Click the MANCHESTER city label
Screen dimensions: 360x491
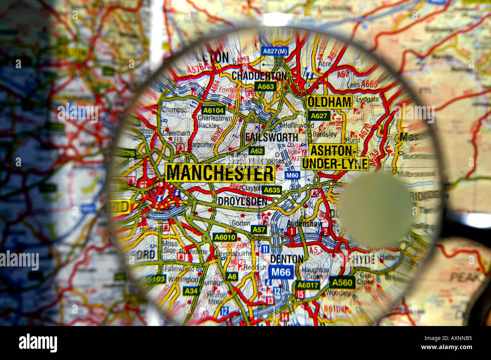click(220, 173)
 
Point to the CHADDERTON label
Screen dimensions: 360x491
click(259, 76)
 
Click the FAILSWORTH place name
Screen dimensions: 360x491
click(272, 137)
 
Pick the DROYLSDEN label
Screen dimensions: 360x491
click(242, 202)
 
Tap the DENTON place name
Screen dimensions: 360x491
click(287, 259)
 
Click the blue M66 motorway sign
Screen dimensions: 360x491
click(281, 272)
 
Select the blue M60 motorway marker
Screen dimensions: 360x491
click(292, 175)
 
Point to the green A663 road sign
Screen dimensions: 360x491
click(265, 86)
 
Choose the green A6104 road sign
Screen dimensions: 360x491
click(214, 110)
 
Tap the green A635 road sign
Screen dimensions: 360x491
click(272, 190)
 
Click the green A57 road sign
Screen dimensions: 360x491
click(259, 229)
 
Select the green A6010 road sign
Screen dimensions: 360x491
click(225, 237)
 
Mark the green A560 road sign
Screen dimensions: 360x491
click(342, 282)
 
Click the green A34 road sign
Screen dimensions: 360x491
click(191, 291)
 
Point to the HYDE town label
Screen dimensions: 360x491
click(363, 260)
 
